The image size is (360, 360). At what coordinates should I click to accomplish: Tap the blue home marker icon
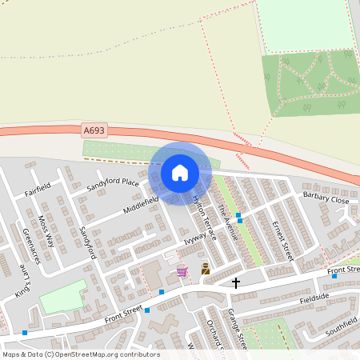(179, 173)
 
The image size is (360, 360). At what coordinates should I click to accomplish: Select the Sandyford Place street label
(113, 186)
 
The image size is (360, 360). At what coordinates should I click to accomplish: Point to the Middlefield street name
(142, 204)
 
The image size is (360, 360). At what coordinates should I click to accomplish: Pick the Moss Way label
(47, 230)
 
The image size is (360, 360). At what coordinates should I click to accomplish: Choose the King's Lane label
(22, 283)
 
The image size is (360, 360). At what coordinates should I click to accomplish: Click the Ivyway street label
(195, 236)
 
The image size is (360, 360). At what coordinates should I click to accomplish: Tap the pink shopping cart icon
(182, 272)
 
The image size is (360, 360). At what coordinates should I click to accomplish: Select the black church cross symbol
(236, 282)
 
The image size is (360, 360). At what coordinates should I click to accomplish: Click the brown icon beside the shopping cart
(205, 270)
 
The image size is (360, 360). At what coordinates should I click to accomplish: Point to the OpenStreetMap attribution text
(80, 354)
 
